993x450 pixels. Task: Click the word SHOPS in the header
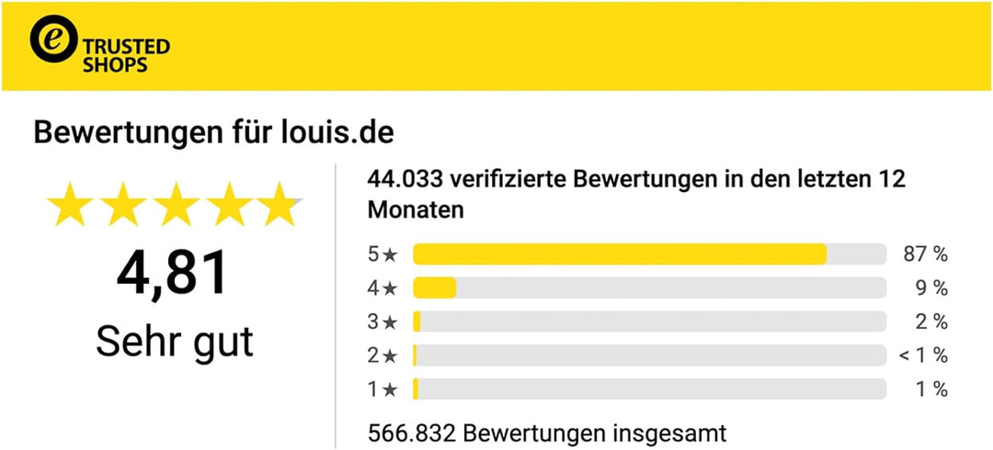[x=115, y=66]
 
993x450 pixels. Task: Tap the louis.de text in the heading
[x=336, y=133]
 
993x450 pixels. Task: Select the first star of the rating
[x=70, y=205]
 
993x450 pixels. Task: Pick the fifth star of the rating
[x=278, y=205]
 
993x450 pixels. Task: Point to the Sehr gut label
[x=174, y=341]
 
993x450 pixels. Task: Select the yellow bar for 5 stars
[x=619, y=254]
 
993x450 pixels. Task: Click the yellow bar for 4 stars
[x=434, y=288]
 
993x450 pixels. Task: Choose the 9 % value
[x=930, y=288]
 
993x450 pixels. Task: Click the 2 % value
[x=930, y=322]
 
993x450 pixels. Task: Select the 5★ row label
[x=382, y=254]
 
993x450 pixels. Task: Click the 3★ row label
[x=382, y=322]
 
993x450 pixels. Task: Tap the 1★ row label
[x=382, y=389]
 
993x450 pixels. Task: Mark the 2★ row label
[x=382, y=355]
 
